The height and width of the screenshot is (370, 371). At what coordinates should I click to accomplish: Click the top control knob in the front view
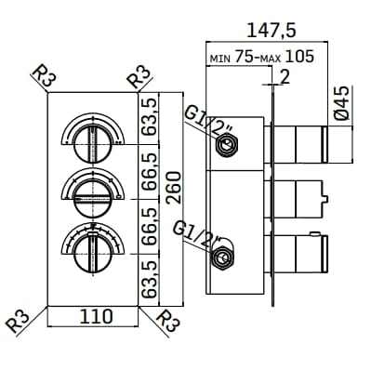coord(93,140)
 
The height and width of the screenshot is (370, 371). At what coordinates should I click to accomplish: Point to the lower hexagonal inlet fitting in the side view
coord(222,257)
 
